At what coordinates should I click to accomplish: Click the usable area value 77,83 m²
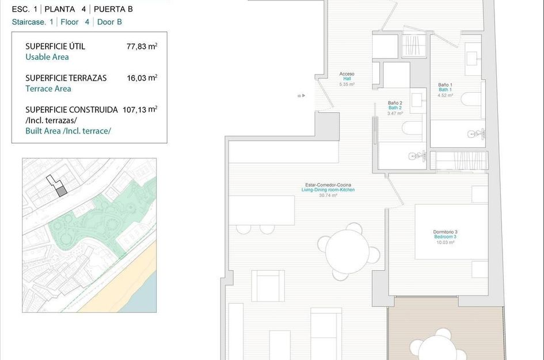(142, 46)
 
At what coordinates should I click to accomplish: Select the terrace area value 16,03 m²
(142, 78)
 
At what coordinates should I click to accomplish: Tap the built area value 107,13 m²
(140, 109)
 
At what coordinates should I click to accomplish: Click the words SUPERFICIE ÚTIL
(55, 46)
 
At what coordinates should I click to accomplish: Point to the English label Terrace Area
(48, 89)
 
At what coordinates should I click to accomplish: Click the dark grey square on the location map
(62, 191)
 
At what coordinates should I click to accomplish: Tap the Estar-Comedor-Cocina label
(328, 185)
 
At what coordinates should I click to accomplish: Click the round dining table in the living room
(347, 251)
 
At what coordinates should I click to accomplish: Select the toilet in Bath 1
(471, 99)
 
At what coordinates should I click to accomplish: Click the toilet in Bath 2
(412, 128)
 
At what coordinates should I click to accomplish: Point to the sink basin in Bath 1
(473, 58)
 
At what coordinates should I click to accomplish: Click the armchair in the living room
(268, 286)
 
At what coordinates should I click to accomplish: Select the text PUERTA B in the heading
(113, 9)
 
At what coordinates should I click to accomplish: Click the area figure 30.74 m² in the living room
(328, 195)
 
